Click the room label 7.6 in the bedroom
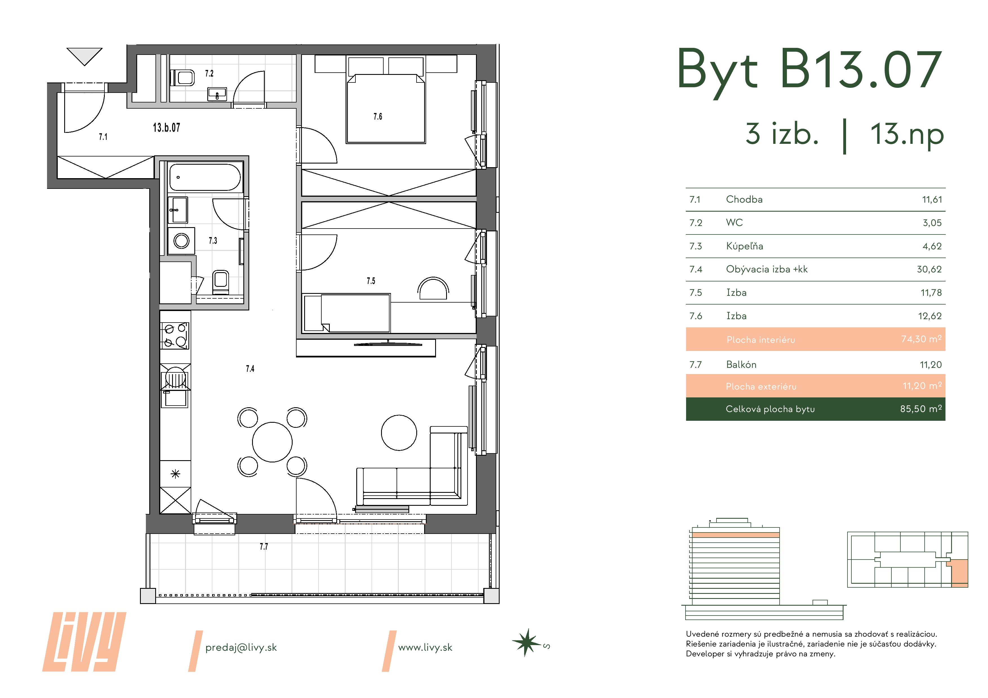(377, 117)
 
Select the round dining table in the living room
(272, 442)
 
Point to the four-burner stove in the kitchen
(175, 335)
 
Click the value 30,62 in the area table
(929, 269)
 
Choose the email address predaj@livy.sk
(241, 647)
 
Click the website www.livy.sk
(425, 647)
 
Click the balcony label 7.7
(264, 547)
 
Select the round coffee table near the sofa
(399, 433)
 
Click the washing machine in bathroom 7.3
(181, 241)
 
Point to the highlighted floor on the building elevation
(735, 535)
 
